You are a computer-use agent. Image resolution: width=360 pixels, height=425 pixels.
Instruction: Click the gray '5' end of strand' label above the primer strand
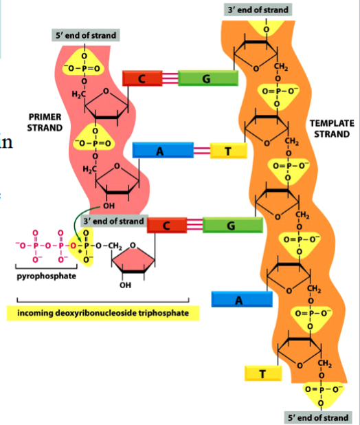click(85, 35)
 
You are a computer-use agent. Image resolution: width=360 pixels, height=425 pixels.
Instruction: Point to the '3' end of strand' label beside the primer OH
click(113, 221)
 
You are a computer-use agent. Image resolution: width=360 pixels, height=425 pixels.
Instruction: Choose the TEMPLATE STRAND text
click(331, 128)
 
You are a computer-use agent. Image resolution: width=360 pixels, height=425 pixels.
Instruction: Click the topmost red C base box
click(142, 78)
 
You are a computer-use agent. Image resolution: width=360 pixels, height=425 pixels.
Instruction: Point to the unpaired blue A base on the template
click(238, 299)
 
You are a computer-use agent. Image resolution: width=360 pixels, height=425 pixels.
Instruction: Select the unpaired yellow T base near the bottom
click(262, 373)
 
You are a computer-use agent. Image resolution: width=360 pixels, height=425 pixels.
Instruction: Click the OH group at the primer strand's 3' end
click(109, 204)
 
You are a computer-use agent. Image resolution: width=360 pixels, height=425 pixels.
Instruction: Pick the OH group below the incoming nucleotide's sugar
click(124, 285)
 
